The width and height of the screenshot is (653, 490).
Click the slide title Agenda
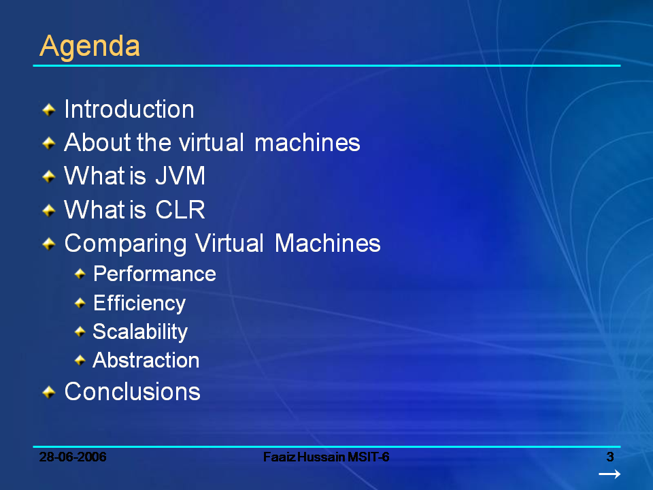coord(90,46)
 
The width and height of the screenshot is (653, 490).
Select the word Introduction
coord(129,110)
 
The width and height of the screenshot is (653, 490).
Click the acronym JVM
coord(180,176)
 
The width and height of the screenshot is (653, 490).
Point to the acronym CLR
coord(180,210)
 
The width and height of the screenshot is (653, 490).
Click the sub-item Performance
coord(154,274)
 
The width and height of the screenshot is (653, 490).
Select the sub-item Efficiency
coord(139,303)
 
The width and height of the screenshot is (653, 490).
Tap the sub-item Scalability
coord(140,331)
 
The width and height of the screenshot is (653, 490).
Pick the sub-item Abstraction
coord(146,360)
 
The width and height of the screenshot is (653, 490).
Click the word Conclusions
coord(132,391)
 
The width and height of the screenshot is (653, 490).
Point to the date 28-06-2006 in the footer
coord(73,457)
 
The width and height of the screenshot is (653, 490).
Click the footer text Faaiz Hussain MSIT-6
coord(326,457)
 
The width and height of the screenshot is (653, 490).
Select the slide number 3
coord(610,457)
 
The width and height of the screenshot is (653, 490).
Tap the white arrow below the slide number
coord(609,474)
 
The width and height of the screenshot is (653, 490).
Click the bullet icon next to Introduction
coord(48,110)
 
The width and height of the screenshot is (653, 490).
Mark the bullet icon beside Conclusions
coord(48,392)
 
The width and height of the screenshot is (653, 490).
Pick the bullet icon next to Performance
coord(80,274)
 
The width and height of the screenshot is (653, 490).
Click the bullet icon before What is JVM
coord(48,177)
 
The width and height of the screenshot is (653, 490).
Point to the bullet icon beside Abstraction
coord(80,360)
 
